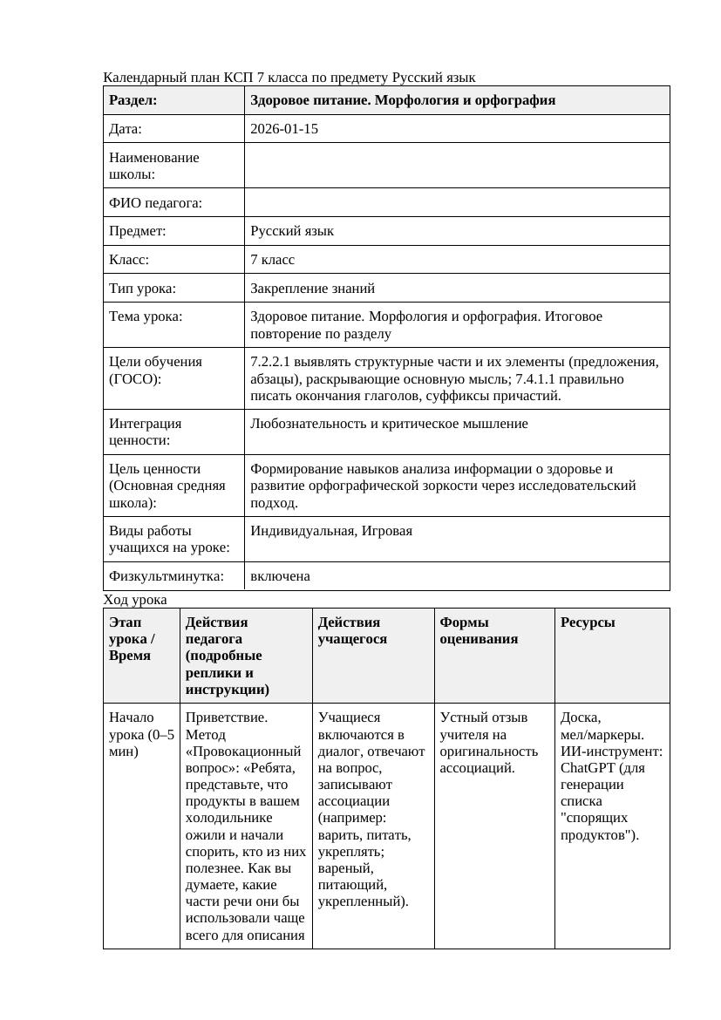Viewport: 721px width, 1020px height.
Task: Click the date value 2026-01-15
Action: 284,129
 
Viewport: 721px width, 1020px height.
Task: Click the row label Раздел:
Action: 133,100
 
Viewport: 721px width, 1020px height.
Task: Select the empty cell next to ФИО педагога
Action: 457,203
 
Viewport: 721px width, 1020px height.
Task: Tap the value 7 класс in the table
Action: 273,260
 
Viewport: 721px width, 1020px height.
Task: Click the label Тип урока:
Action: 142,288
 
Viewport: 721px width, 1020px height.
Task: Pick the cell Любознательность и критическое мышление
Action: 389,424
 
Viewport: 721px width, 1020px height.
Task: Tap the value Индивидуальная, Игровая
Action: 331,531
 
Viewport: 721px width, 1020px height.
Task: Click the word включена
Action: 280,576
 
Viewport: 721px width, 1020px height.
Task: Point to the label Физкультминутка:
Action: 166,576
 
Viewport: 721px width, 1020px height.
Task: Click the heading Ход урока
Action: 135,600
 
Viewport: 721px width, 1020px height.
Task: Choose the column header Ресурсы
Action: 588,622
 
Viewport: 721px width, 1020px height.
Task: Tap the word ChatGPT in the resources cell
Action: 588,768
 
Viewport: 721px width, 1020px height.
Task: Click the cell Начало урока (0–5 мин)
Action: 141,734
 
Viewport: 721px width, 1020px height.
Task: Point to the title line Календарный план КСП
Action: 289,78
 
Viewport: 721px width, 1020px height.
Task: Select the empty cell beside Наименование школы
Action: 457,166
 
